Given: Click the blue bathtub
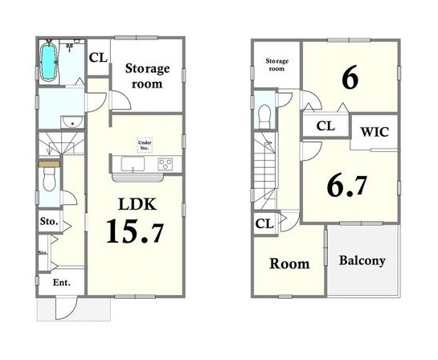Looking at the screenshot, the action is (x=48, y=62).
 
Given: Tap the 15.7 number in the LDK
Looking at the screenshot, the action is (x=135, y=231).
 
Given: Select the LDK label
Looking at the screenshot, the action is (x=137, y=204).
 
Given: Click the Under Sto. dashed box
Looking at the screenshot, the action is (x=145, y=145).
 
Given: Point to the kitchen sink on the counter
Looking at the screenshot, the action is (x=133, y=164).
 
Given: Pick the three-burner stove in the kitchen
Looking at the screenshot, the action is (x=165, y=164).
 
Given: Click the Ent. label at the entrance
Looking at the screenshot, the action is (x=62, y=282).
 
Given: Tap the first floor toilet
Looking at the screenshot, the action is (x=50, y=179).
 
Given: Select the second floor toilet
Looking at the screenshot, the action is (x=264, y=117).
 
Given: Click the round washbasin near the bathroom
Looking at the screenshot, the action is (x=72, y=122).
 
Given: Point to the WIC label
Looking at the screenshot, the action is (x=375, y=132).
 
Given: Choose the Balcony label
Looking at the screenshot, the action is (x=362, y=260).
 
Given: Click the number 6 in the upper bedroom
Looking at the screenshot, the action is (x=350, y=77).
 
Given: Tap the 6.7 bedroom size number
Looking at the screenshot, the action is (x=346, y=185).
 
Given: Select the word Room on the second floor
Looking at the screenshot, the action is (x=289, y=264).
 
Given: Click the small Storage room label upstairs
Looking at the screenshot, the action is (x=276, y=65).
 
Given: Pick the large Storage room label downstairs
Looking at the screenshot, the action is (x=147, y=76).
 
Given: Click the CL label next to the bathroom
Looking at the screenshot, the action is (x=98, y=58).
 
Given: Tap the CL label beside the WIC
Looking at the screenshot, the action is (x=325, y=126).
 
